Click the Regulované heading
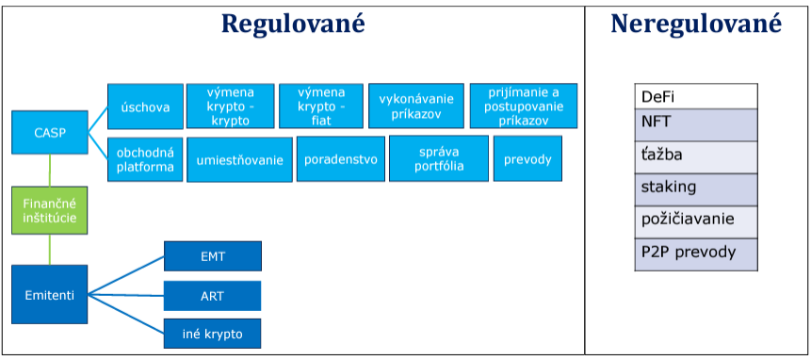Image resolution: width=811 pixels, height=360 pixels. point(293,24)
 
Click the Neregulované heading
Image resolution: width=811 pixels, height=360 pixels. point(696,24)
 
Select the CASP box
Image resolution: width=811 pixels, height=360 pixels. point(50,132)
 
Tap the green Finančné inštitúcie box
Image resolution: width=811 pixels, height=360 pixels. point(50,210)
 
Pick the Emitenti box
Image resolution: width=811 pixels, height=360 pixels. point(50,295)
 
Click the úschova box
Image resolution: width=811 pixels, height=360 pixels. point(145,106)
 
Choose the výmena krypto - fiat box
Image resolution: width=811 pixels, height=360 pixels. point(321,106)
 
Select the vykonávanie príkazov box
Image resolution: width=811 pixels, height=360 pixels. point(415,106)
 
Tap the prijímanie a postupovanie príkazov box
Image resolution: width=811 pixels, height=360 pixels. point(524,106)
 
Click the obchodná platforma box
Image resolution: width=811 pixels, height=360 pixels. point(145,159)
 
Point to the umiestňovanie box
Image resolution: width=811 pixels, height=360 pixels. point(239,160)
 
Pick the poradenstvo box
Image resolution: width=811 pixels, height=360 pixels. point(340,158)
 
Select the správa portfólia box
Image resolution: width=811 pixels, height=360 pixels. point(439,158)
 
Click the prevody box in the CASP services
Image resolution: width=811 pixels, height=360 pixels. point(527,158)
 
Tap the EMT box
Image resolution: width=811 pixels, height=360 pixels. point(213,256)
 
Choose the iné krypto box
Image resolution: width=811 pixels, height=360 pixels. point(213,334)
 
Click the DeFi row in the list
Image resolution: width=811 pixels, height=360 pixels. point(696,97)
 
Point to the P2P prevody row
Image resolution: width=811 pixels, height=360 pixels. point(696,254)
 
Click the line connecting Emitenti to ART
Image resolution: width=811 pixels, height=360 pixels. point(125,295)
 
